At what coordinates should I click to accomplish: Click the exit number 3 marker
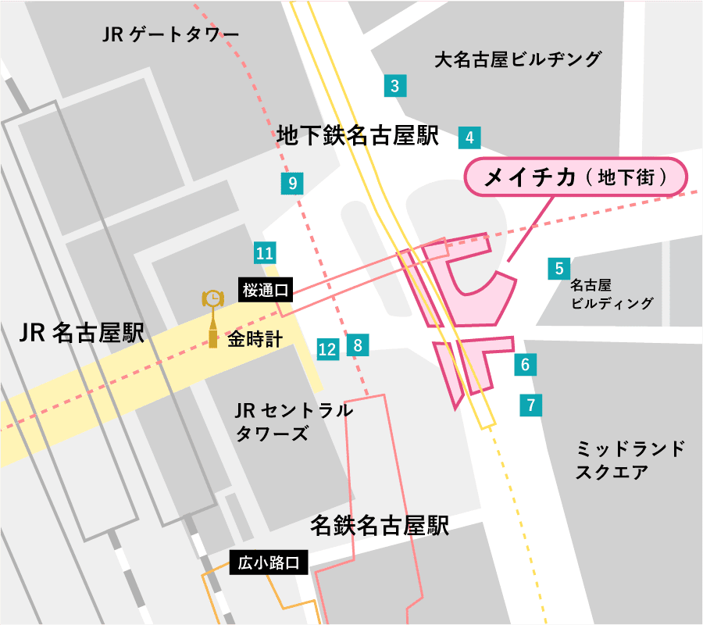[395, 86]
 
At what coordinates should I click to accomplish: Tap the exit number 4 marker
[469, 137]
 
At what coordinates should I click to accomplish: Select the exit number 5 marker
[559, 269]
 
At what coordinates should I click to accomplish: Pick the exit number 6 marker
[525, 364]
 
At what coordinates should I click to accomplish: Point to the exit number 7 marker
[530, 405]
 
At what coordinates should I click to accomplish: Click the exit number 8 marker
[358, 345]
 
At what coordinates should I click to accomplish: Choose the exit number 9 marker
[292, 184]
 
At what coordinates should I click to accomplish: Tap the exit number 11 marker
[265, 252]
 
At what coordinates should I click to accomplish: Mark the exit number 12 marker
[328, 349]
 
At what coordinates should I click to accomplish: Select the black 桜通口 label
[266, 291]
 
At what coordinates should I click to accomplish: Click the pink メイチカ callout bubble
[576, 178]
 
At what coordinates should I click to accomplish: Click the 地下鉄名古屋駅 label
[358, 137]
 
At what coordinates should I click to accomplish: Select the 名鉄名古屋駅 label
[380, 525]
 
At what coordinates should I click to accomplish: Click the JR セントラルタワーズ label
[294, 422]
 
